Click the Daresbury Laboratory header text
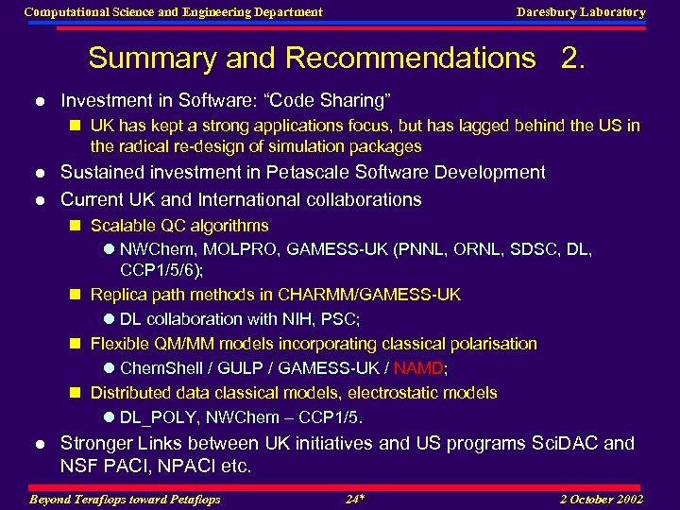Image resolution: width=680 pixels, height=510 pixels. point(581,12)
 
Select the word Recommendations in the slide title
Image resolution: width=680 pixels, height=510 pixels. point(410,59)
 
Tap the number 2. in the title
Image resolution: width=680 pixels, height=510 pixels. point(572,59)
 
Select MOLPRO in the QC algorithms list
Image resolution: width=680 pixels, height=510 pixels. point(245,250)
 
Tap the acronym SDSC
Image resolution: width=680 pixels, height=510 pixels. point(523,250)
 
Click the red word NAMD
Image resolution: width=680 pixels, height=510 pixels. point(418,368)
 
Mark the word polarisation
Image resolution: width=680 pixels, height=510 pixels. point(489,344)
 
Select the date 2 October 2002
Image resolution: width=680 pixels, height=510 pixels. point(601,500)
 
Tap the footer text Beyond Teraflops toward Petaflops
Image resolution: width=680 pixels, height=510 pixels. point(126,500)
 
